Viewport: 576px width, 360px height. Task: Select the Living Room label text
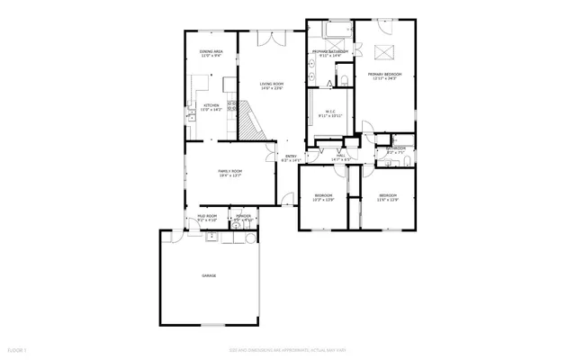point(272,86)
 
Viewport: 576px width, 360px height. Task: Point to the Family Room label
point(230,173)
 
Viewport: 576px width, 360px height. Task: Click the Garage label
point(209,275)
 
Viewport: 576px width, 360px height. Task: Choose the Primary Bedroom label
point(386,76)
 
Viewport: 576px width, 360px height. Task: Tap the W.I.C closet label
point(330,113)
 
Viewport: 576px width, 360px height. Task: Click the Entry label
point(291,158)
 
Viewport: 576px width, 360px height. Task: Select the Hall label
point(341,157)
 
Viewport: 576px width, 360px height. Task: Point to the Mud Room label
point(207,218)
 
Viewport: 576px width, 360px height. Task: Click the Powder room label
point(243,218)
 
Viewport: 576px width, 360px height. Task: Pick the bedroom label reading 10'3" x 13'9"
point(324,197)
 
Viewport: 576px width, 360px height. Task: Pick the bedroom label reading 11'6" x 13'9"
point(388,197)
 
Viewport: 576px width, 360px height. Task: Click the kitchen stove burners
point(231,107)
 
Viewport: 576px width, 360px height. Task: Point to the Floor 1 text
point(16,349)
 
